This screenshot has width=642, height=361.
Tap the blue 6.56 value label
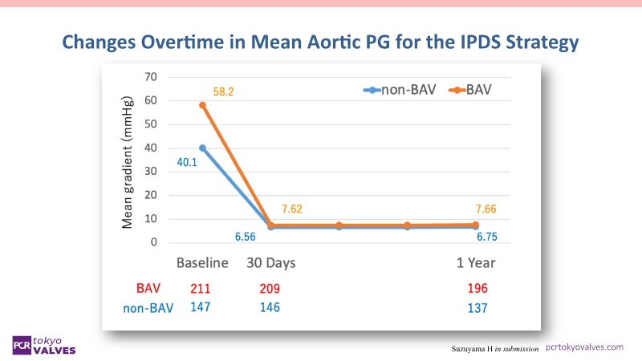coord(248,237)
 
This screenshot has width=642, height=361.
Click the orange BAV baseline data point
coord(202,105)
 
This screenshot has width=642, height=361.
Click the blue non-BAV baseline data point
coord(202,148)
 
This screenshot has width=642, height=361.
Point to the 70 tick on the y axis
coord(150,77)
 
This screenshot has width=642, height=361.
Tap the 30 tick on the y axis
coord(150,172)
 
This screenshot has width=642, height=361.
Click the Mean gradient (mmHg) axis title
coord(128,160)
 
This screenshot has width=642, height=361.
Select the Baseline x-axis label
coord(202,263)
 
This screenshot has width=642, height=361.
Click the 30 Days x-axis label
coord(272,263)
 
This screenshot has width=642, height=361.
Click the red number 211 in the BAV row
coord(201,289)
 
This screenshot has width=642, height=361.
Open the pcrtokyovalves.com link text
coord(584,347)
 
